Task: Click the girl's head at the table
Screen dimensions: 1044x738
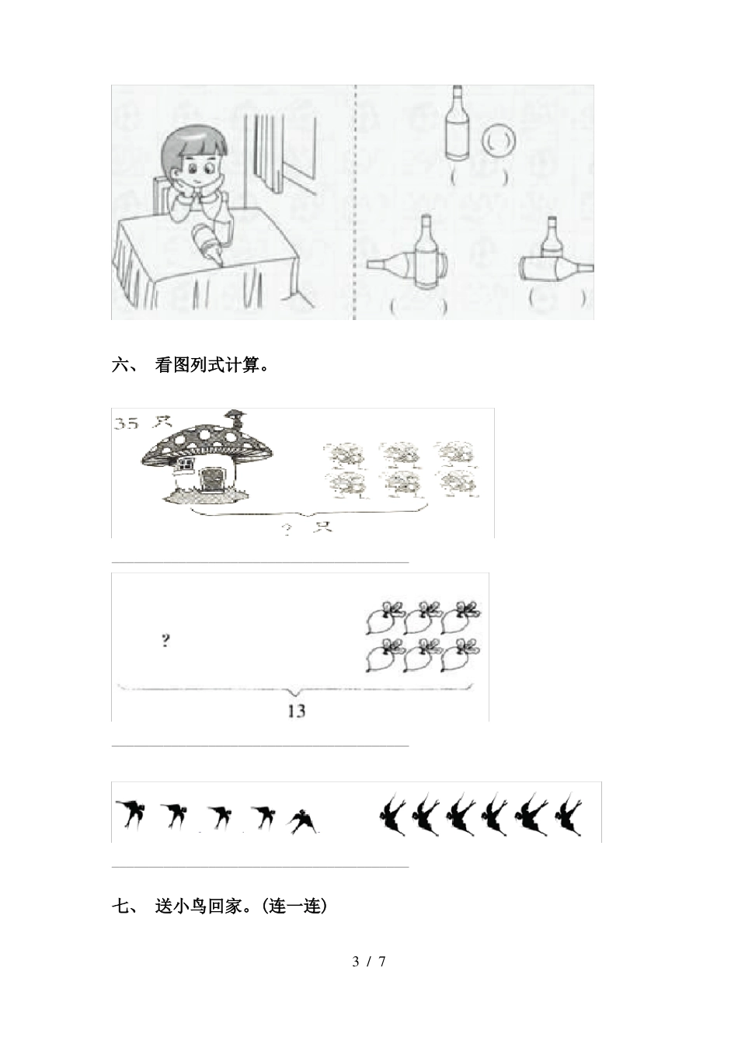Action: (193, 159)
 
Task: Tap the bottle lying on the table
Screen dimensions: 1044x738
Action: (207, 242)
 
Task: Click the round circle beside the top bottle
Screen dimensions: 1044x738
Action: (497, 141)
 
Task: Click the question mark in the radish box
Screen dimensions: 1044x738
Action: (165, 641)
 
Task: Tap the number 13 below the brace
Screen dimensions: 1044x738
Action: (295, 710)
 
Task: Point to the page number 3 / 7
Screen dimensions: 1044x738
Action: (369, 962)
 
